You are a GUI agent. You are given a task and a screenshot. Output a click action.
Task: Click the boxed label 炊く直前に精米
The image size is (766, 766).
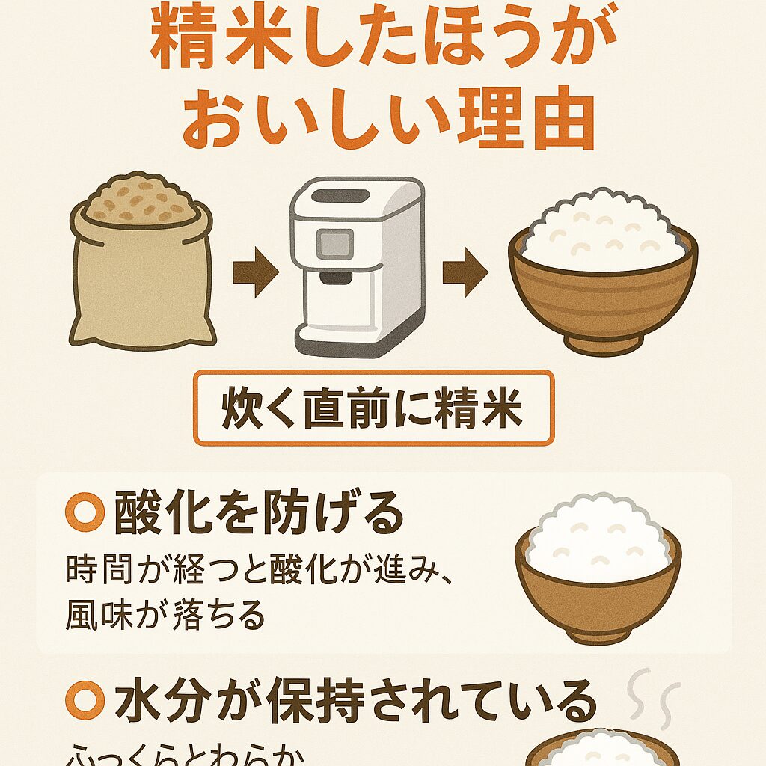pos(373,408)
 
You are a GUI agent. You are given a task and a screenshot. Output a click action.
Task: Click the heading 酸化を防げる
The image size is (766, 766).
pos(258,514)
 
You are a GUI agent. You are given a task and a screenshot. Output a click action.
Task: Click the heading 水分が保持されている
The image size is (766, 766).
pos(355,701)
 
